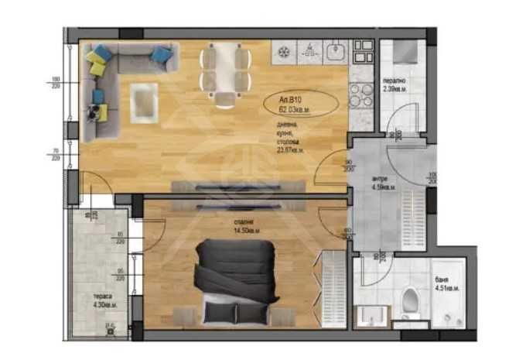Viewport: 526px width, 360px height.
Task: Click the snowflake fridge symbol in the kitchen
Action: [282, 51]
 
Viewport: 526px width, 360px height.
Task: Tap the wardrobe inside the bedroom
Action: [331, 286]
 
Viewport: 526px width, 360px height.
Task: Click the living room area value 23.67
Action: [291, 150]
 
